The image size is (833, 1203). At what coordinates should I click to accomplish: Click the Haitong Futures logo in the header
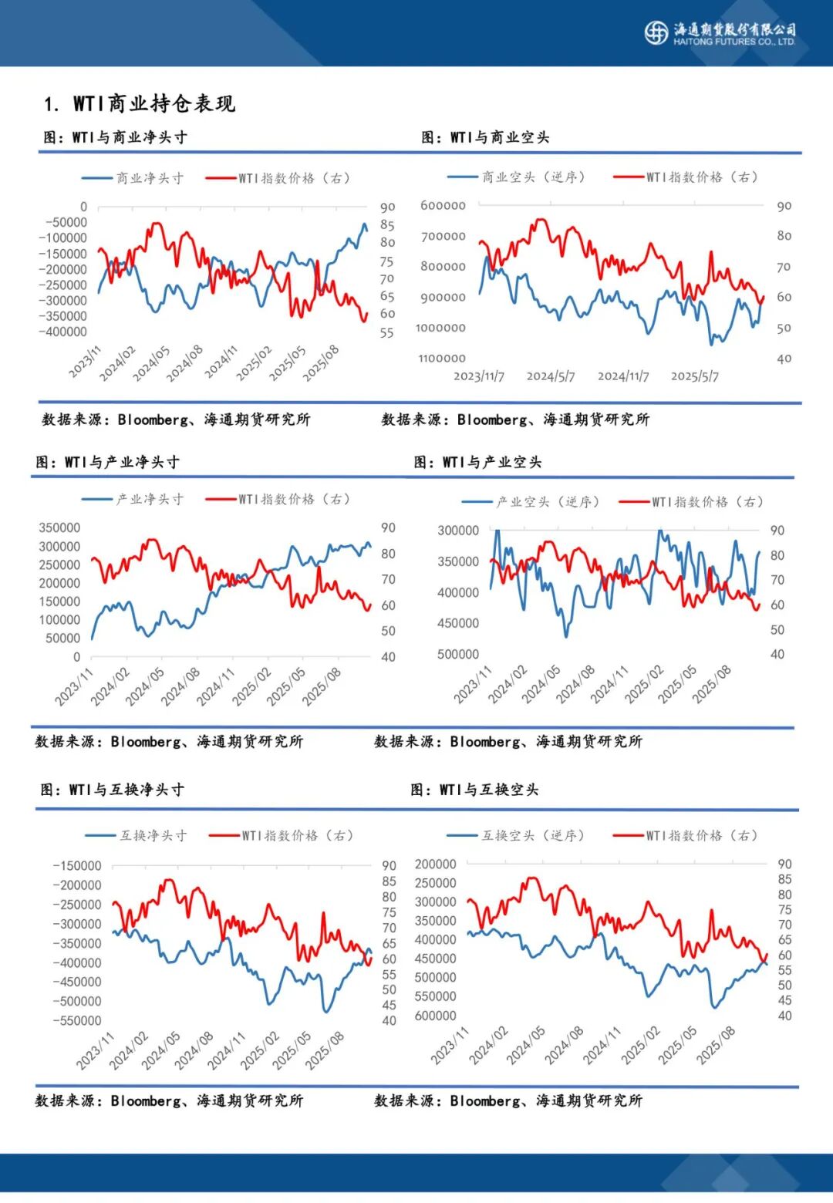[656, 32]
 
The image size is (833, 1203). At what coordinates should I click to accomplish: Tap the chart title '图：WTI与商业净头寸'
[115, 137]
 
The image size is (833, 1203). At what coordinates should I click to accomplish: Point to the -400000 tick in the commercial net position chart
[64, 332]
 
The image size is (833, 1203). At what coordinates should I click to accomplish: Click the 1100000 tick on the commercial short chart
[443, 358]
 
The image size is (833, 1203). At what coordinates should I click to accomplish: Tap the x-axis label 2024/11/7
[623, 376]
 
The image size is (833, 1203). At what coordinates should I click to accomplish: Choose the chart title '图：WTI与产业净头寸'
[107, 462]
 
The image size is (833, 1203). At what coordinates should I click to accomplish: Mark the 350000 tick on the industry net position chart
[59, 527]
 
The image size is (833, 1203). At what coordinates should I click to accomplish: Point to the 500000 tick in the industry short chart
[458, 654]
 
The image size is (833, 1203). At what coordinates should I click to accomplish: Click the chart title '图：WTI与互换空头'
[474, 790]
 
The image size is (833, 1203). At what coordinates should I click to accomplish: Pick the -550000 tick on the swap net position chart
[77, 1020]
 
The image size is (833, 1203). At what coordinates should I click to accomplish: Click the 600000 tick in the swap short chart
[436, 1016]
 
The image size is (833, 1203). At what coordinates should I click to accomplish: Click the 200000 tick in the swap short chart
[436, 864]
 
